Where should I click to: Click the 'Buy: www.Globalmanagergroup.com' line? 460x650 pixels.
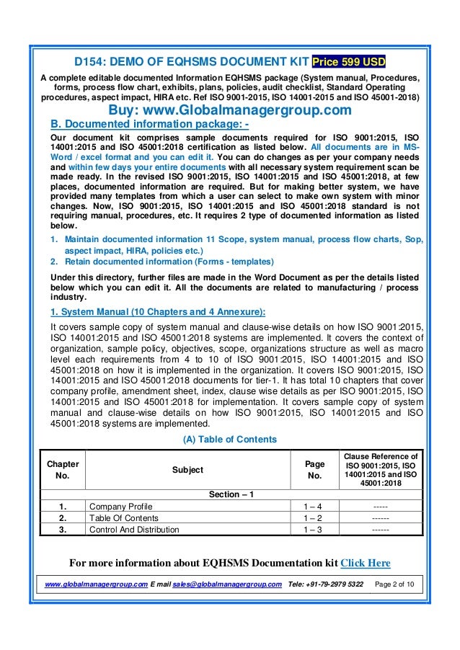229,110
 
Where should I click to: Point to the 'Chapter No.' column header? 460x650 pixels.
62,470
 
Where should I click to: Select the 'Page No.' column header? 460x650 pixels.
314,470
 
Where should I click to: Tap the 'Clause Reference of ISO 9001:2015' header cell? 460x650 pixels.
380,470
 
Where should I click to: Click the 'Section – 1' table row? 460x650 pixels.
230,494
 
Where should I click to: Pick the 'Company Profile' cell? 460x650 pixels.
120,506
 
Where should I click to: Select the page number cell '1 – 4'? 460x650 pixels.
314,506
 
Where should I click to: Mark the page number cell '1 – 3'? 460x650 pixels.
314,530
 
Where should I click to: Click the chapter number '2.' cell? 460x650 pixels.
62,517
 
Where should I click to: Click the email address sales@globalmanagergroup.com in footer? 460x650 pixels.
225,583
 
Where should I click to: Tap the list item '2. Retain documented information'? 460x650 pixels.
163,262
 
